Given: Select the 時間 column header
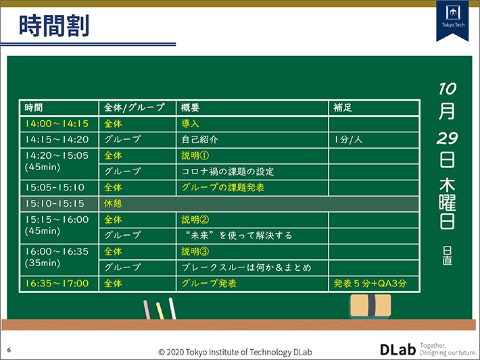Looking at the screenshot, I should pyautogui.click(x=34, y=107).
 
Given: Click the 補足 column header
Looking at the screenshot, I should pyautogui.click(x=343, y=107).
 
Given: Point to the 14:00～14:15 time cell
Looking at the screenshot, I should pyautogui.click(x=57, y=124).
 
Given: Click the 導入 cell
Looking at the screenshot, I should pyautogui.click(x=191, y=124).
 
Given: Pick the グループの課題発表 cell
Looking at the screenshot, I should pyautogui.click(x=222, y=188).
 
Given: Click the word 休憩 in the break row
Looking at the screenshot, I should pyautogui.click(x=113, y=203).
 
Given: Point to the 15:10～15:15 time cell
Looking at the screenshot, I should pyautogui.click(x=55, y=203).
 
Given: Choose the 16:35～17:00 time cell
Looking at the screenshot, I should pyautogui.click(x=57, y=284).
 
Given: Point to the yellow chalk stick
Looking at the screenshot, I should pyautogui.click(x=160, y=310).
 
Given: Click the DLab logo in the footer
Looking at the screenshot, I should pyautogui.click(x=397, y=349).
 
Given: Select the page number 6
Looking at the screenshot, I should pyautogui.click(x=9, y=350).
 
